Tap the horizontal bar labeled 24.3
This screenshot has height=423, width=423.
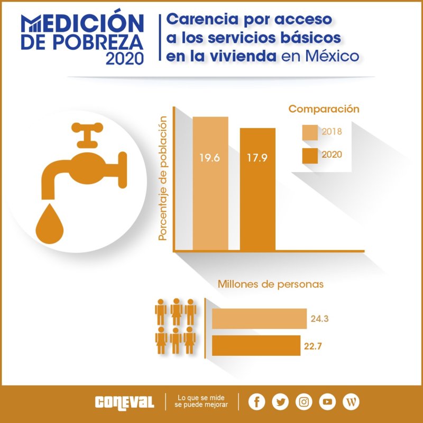259,319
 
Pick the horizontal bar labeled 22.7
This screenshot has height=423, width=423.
256,346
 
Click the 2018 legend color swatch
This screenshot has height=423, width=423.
310,132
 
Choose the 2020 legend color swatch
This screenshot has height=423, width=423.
310,156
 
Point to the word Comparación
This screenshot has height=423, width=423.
324,110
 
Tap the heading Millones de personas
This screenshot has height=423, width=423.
271,284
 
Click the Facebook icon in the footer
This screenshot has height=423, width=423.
256,401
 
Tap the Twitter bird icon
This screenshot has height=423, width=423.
280,401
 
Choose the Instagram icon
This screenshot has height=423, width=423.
304,401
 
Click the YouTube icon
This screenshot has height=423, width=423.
327,401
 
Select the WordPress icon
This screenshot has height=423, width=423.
351,401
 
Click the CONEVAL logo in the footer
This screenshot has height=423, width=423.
125,402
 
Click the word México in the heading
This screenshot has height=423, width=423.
328,56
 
